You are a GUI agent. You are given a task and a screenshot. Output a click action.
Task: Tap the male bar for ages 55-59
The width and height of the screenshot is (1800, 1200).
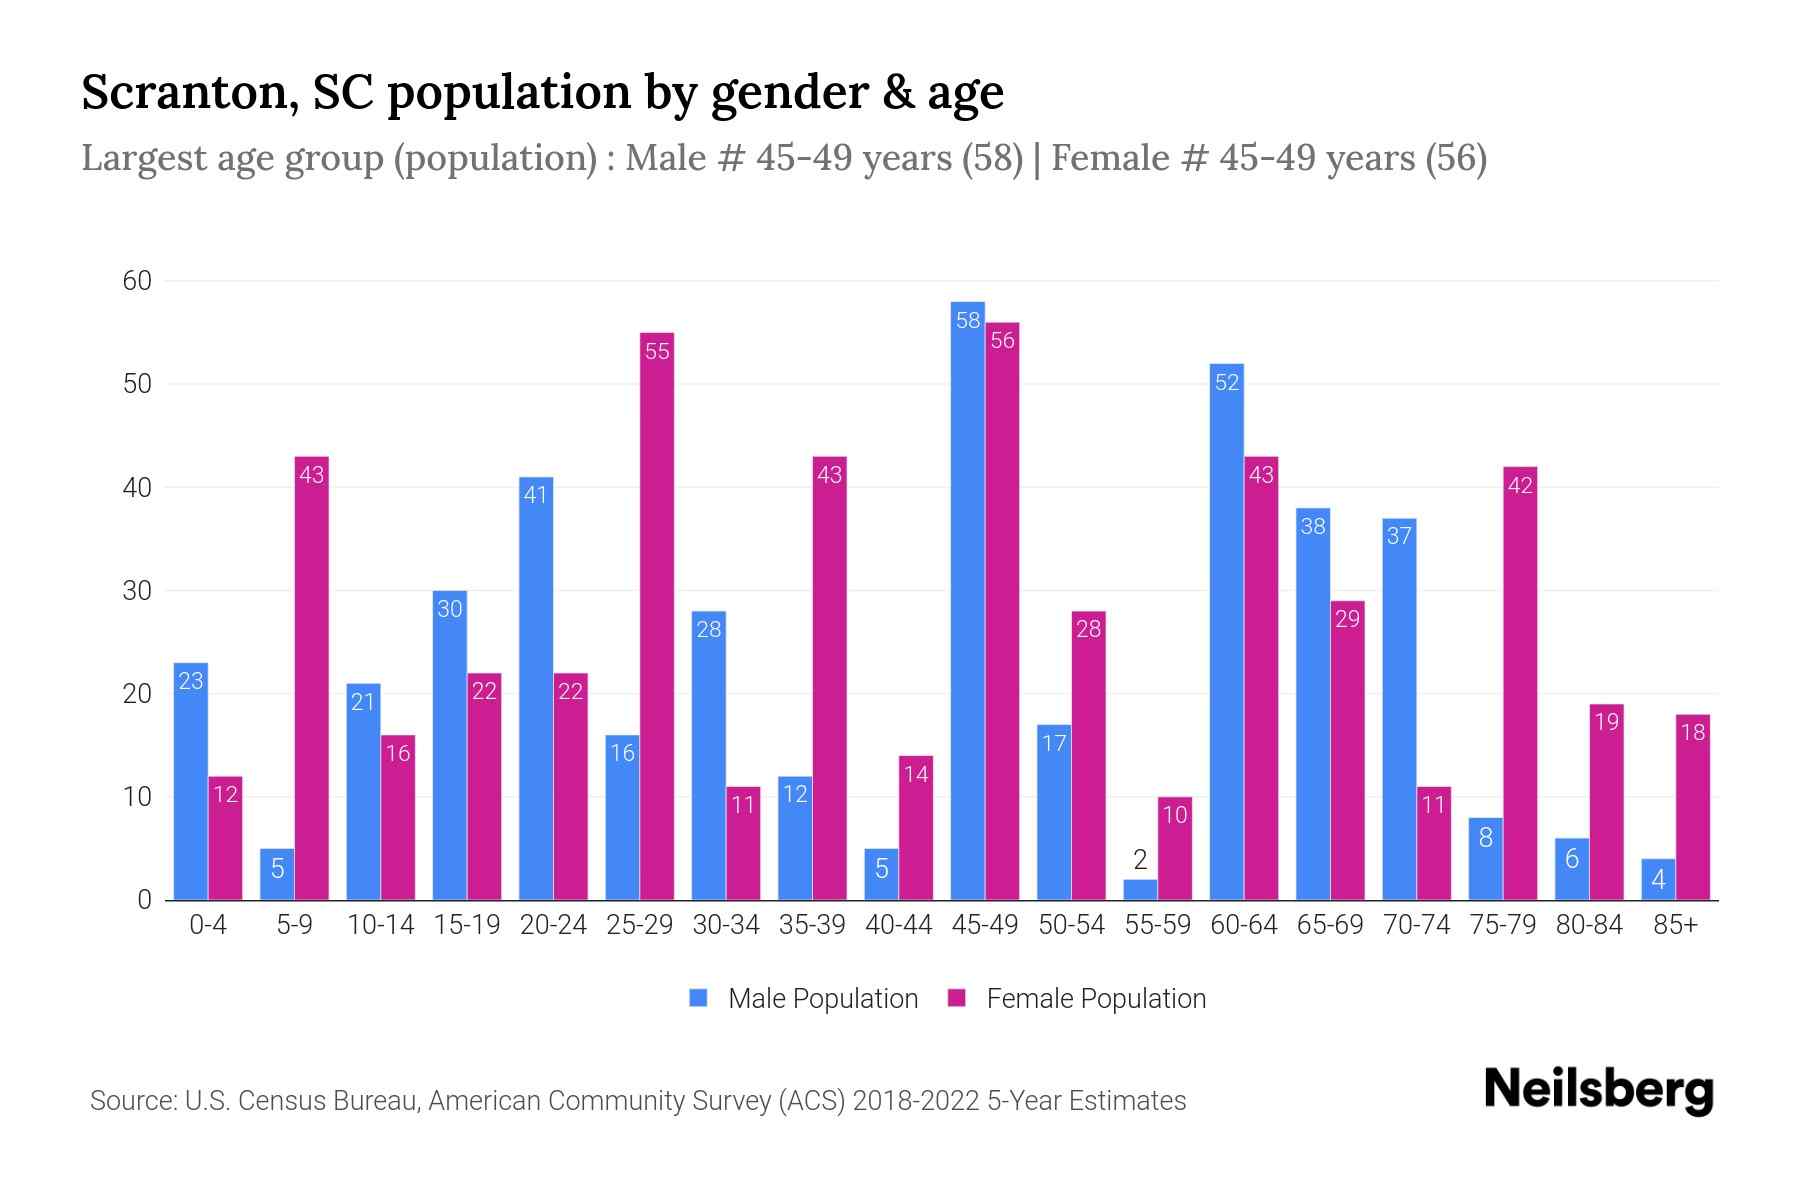[x=1140, y=890]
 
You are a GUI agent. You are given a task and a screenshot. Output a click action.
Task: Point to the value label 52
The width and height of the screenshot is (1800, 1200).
[x=1226, y=382]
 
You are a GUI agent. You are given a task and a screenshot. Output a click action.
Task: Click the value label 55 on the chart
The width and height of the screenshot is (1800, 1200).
[x=657, y=351]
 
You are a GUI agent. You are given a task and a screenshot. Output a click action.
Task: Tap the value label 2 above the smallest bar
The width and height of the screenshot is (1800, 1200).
[x=1140, y=860]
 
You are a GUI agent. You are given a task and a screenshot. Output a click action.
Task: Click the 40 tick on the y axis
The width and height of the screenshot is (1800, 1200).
[x=137, y=488]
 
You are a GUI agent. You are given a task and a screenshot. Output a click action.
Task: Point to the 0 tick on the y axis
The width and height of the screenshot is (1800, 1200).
[x=144, y=900]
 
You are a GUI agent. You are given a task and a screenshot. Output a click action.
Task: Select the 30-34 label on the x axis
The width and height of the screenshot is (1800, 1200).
[x=726, y=925]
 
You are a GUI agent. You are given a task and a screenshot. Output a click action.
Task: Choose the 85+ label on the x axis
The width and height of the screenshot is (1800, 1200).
[x=1675, y=925]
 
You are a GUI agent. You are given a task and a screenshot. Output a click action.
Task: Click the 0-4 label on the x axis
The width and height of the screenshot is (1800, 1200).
[x=208, y=925]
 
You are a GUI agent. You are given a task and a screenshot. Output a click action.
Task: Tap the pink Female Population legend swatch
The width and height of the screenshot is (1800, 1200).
[x=957, y=998]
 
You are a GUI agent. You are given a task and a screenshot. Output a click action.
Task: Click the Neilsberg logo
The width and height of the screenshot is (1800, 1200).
[x=1598, y=1090]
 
